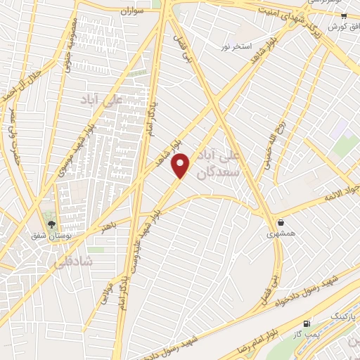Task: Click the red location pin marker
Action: (x=182, y=166)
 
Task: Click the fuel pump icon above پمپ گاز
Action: (x=306, y=324)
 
